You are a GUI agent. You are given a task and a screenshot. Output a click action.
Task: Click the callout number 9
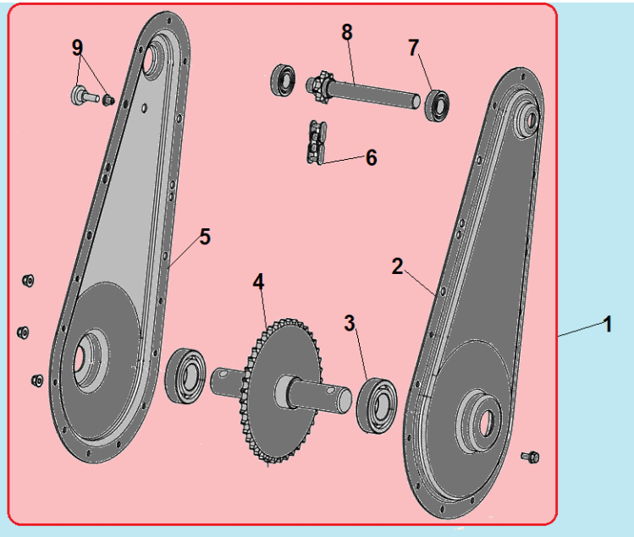(77, 47)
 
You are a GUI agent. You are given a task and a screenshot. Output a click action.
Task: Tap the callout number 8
(347, 32)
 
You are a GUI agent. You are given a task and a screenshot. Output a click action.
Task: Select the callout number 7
(413, 47)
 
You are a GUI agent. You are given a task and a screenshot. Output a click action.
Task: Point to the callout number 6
(372, 157)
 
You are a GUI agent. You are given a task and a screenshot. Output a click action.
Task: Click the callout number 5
(205, 237)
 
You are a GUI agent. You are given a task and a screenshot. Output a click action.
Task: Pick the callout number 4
(258, 282)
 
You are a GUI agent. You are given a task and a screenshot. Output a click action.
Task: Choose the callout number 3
(350, 323)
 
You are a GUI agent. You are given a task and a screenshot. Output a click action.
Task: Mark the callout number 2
(397, 266)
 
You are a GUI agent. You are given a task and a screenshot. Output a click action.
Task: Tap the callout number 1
(607, 325)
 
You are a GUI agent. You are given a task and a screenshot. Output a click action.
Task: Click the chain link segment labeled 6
(317, 143)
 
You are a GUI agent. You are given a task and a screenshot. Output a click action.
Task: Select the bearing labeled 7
(437, 106)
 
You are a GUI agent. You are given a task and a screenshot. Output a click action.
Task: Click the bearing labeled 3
(377, 406)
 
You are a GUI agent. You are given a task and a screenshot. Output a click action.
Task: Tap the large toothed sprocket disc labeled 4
(279, 392)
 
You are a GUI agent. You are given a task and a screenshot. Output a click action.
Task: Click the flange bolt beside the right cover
(530, 457)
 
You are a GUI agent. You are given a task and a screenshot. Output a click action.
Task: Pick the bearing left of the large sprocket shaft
(185, 375)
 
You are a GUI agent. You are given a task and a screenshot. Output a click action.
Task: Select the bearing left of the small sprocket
(283, 79)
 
